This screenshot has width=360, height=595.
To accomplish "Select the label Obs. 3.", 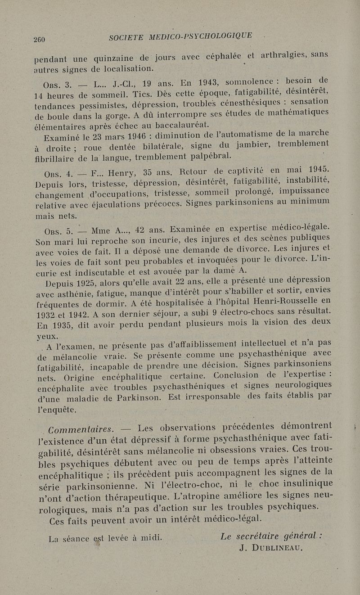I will pyautogui.click(x=56, y=86).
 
